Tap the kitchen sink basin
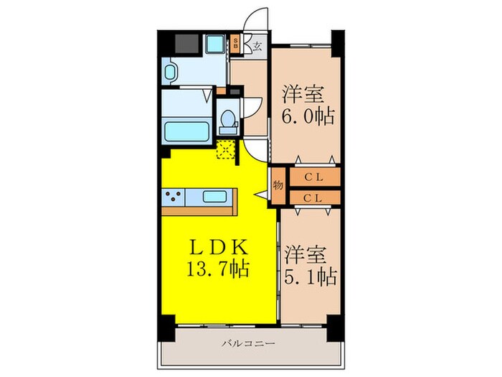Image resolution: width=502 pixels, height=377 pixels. (x=215, y=196)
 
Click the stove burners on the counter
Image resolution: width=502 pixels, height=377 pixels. (x=174, y=195)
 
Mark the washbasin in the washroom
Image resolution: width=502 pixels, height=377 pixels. (x=171, y=73)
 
